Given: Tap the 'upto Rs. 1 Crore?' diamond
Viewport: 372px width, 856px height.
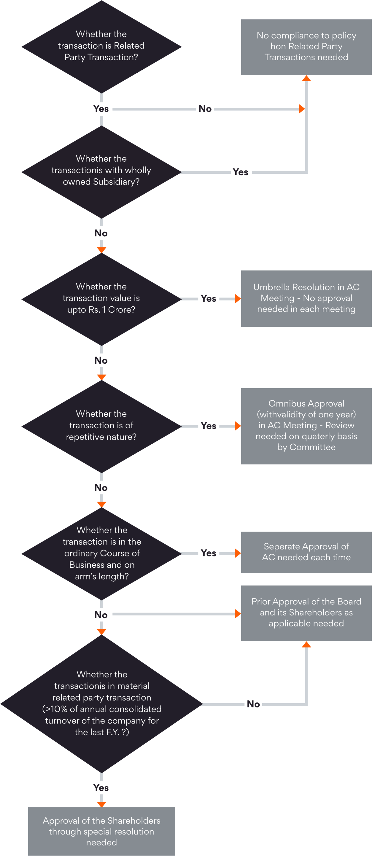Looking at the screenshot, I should tap(101, 298).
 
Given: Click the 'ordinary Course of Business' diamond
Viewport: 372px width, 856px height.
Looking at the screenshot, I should tap(101, 553).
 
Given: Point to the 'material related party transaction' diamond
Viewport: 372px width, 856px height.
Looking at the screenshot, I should tap(101, 703).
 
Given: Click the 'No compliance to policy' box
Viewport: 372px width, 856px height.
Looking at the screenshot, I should tap(306, 47).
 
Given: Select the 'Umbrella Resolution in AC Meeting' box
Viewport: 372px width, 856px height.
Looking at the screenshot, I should tap(306, 298).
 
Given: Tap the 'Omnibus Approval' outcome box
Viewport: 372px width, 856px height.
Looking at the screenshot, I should tap(306, 425).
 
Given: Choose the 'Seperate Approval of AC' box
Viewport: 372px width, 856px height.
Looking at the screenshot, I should tap(306, 552).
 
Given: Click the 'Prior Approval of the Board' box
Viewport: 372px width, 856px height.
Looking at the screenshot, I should tap(306, 612).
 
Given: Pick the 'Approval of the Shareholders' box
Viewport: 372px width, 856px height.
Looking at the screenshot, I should tap(101, 831).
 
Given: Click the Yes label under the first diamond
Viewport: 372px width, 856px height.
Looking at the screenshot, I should tap(101, 109).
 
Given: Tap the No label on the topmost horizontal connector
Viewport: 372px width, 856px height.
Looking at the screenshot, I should tap(205, 109).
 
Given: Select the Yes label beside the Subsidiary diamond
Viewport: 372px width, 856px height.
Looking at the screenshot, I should tap(241, 172).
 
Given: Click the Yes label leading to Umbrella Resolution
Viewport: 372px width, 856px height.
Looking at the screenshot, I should tap(209, 298).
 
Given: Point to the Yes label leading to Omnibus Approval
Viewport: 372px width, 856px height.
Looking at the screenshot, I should tap(209, 426).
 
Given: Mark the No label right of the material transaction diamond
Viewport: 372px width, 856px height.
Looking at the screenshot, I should tap(253, 704).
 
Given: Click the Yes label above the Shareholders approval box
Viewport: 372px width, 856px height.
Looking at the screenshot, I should tap(101, 787).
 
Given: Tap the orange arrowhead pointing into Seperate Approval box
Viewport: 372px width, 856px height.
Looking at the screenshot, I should tap(238, 553).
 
